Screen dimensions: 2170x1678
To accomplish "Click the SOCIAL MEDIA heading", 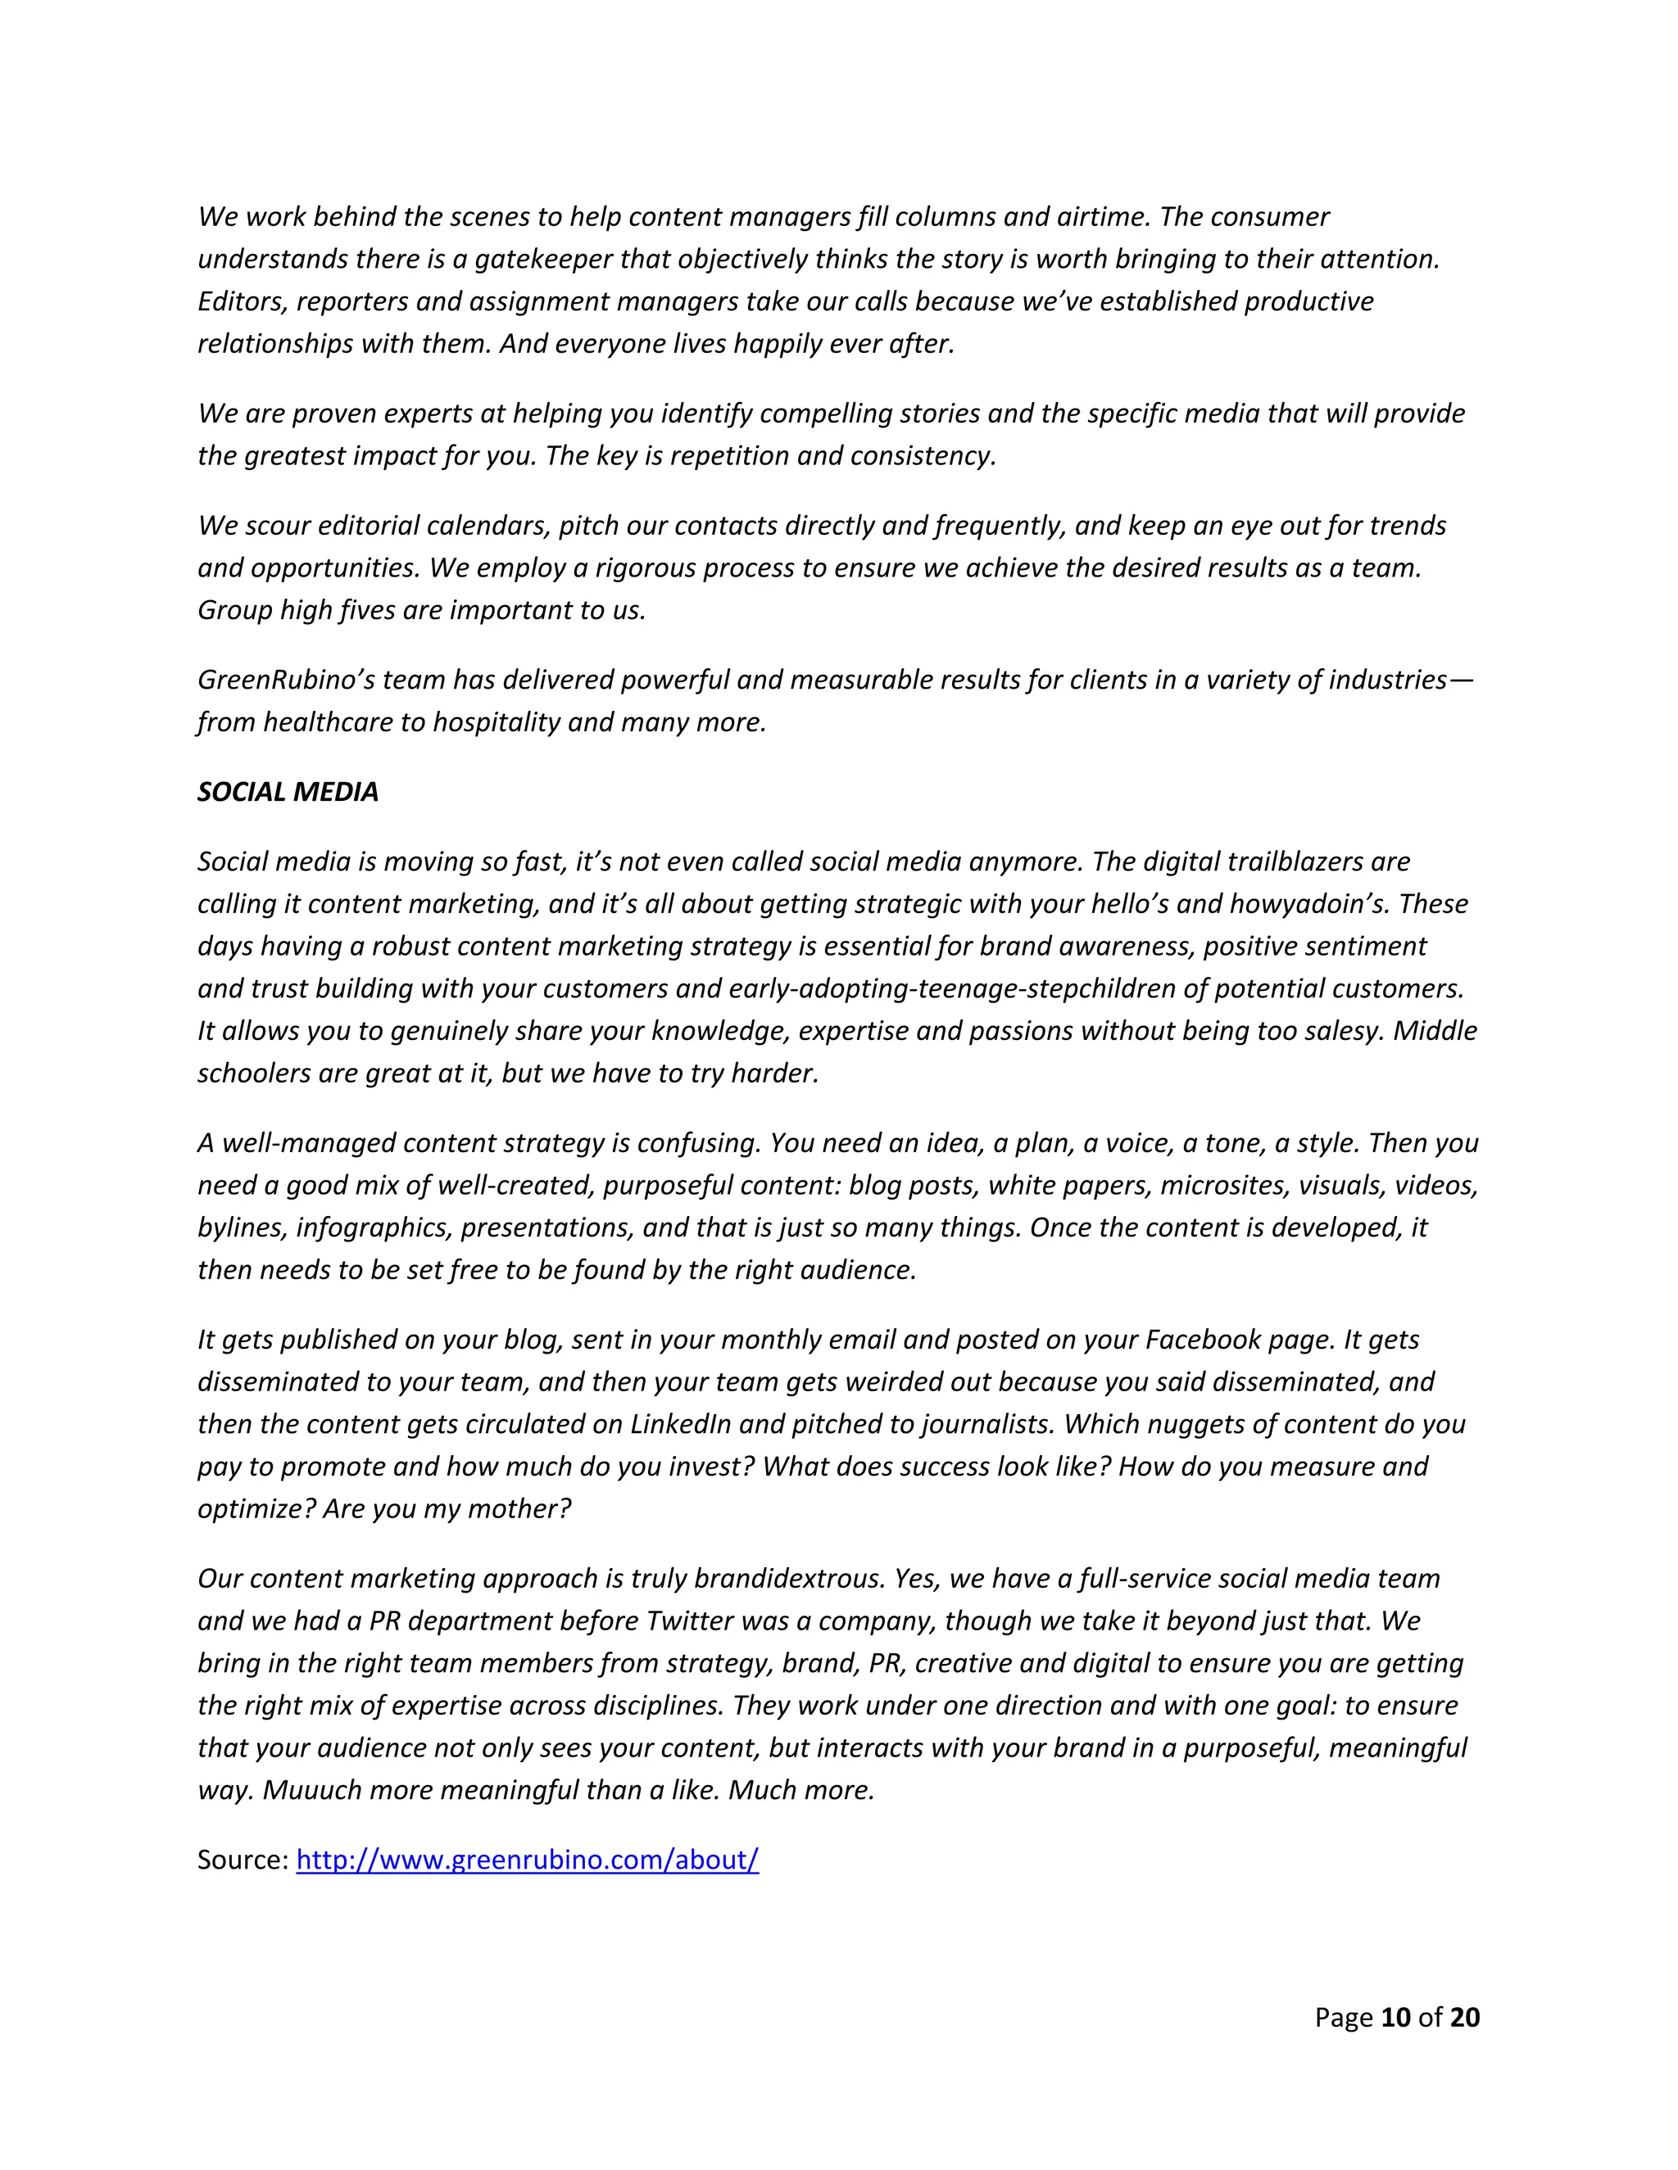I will (288, 792).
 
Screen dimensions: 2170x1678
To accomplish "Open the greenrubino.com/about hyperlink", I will (527, 1859).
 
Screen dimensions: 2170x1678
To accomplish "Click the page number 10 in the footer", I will (1395, 2017).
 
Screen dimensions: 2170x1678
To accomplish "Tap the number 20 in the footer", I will (1464, 2017).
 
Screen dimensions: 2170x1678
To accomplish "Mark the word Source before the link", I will (241, 1859).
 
